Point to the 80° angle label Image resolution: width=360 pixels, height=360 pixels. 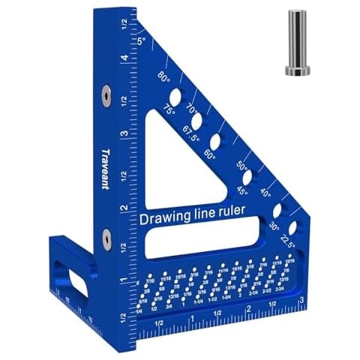tap(164, 76)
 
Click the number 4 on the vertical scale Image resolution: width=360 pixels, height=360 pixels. tap(122, 58)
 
